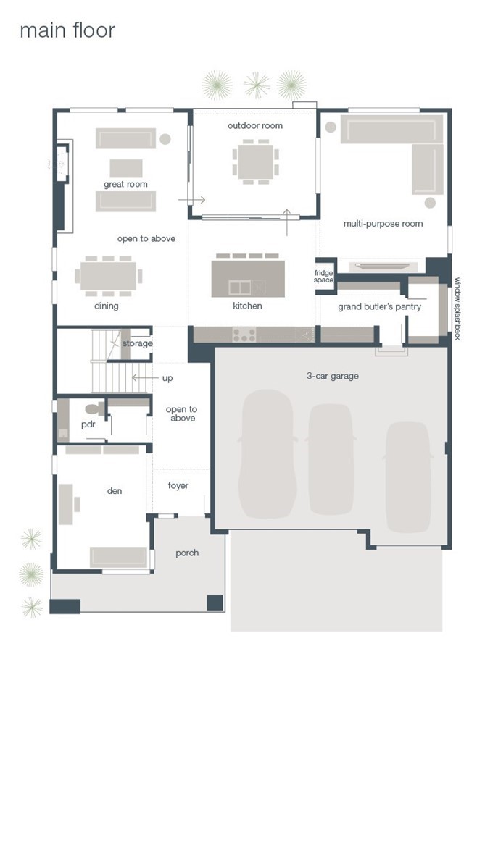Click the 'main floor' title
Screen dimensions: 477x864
(67, 30)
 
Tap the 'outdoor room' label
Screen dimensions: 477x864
(254, 125)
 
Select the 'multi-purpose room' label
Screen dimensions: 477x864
(383, 224)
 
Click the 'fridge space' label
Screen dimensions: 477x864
(324, 277)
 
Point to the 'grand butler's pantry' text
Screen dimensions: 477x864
(379, 307)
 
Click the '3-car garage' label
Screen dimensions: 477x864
(333, 377)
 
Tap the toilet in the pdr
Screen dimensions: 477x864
(96, 409)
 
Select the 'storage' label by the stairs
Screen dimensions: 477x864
(137, 343)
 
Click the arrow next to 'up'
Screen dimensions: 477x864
(143, 378)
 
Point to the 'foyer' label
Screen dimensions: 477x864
(178, 485)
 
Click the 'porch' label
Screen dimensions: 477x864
(187, 553)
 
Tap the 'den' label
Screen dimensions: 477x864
(114, 491)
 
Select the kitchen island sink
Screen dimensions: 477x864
(240, 287)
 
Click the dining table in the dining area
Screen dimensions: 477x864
(109, 275)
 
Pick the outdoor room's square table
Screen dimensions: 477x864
(255, 162)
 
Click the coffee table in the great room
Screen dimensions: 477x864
(125, 168)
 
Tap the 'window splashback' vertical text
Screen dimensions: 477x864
(457, 309)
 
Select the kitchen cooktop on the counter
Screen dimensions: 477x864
(244, 334)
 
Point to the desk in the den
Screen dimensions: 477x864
(66, 504)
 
